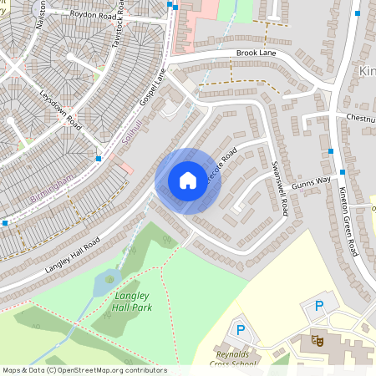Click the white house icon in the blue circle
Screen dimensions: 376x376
click(188, 180)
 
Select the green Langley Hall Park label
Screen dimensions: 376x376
click(132, 301)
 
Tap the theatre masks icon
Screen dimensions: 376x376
click(317, 339)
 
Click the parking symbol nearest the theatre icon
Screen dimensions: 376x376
click(318, 307)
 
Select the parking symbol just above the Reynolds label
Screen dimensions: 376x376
click(241, 329)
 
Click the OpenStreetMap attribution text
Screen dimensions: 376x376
click(84, 370)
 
